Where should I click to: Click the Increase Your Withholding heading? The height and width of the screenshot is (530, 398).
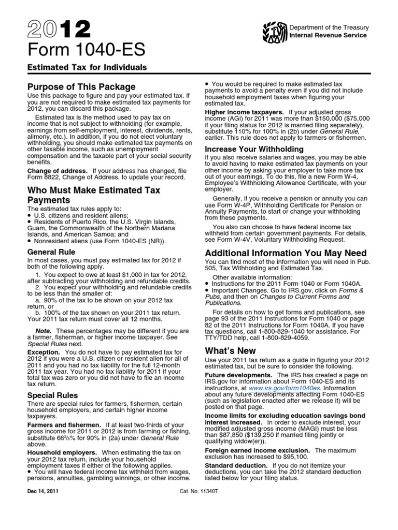(254, 149)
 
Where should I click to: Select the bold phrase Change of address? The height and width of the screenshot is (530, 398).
(57, 170)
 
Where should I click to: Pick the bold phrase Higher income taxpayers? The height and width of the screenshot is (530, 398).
(244, 112)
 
